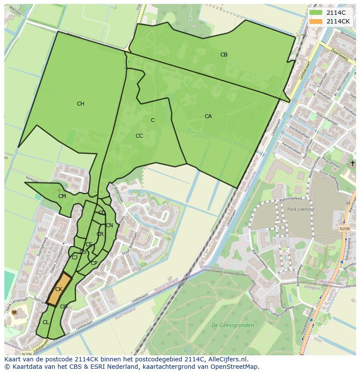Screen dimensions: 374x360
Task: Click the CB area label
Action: (x=224, y=55)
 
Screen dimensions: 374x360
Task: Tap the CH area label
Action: (x=80, y=104)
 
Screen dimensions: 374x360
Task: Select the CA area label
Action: (x=208, y=116)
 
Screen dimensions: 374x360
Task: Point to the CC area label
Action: (x=139, y=136)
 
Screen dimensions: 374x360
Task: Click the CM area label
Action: (x=62, y=196)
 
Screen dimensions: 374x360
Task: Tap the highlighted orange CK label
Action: (x=59, y=289)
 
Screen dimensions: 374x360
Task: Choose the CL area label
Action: (x=46, y=322)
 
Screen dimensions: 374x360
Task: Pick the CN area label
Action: (x=109, y=225)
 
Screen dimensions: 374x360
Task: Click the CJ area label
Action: (x=74, y=258)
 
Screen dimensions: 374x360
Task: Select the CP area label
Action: (x=94, y=263)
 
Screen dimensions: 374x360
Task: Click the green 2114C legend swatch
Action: (x=316, y=13)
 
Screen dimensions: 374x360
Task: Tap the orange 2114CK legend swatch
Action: (x=316, y=21)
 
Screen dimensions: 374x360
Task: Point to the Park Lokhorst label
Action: (x=300, y=209)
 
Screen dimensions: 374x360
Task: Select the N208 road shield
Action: (x=344, y=228)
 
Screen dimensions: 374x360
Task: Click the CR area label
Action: (x=100, y=234)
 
